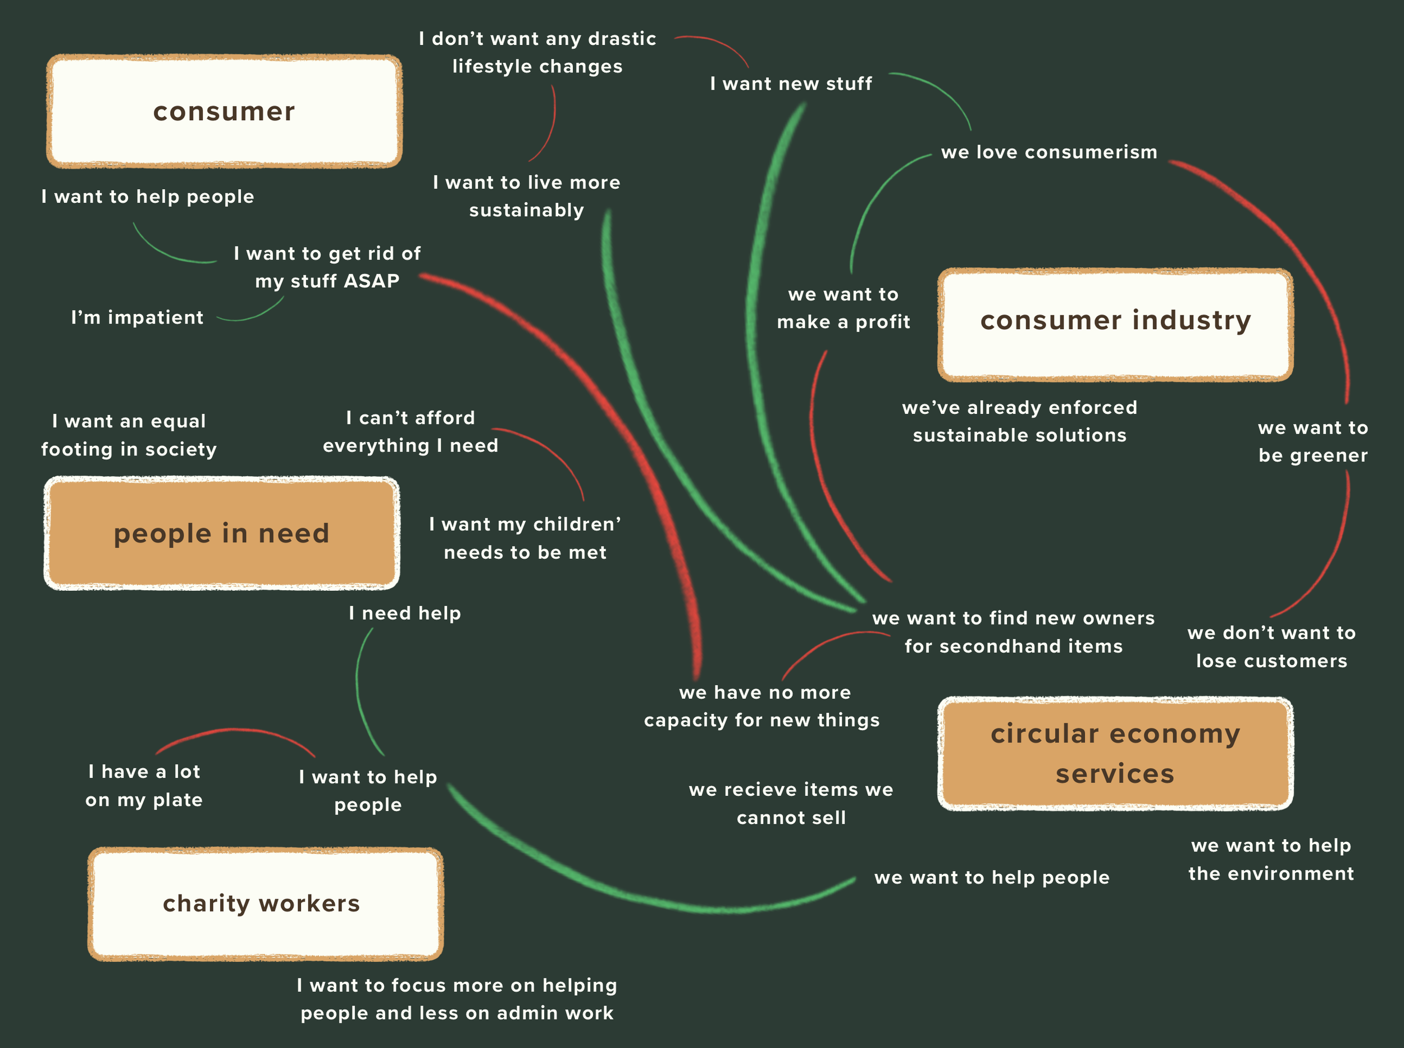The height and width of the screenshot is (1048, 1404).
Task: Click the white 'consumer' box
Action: pos(224,112)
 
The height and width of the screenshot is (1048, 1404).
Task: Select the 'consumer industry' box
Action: pos(1115,325)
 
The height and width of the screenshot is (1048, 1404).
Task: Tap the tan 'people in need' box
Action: pos(221,534)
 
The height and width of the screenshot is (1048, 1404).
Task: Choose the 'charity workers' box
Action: pos(265,903)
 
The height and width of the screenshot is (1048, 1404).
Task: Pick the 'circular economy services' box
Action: pos(1115,754)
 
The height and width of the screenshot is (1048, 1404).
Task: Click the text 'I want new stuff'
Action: pos(791,84)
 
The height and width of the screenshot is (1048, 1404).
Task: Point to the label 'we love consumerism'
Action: pos(1049,152)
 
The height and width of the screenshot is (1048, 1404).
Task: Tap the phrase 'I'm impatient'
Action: pos(137,317)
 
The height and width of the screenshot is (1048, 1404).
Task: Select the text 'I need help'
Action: pos(405,613)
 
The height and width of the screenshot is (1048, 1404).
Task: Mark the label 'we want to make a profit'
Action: pos(843,308)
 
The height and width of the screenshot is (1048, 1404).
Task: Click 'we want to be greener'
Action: pos(1312,441)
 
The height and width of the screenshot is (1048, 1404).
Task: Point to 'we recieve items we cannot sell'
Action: pos(791,803)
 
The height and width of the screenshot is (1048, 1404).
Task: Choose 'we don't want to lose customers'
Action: pos(1271,646)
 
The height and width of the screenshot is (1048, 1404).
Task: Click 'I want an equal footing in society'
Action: pos(129,435)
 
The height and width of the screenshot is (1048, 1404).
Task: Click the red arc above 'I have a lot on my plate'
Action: pos(235,731)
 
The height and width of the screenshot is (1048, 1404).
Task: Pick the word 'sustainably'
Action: pos(526,210)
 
